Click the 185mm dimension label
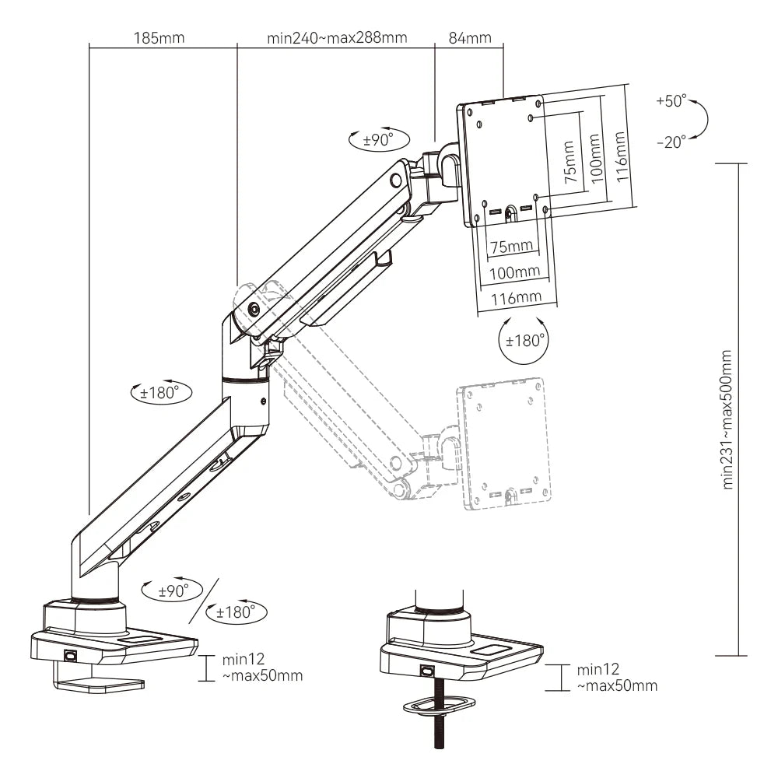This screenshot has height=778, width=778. point(159,37)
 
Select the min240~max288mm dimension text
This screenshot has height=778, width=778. point(337,37)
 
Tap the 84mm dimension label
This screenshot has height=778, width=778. point(469,37)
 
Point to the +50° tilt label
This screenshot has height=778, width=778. point(671,101)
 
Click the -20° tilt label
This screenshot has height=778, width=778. point(671,142)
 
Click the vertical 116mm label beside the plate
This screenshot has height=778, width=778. point(620,156)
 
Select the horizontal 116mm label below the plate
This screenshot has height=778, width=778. point(516,297)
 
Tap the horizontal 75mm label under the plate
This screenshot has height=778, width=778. point(512,247)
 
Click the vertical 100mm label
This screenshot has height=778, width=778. point(595,159)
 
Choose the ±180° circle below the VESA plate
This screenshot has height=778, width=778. point(522,341)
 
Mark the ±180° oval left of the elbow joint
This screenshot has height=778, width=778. point(159,393)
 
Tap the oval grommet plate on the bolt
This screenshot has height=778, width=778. point(439,704)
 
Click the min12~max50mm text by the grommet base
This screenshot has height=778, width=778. point(617,678)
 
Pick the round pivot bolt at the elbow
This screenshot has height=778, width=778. point(254,309)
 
